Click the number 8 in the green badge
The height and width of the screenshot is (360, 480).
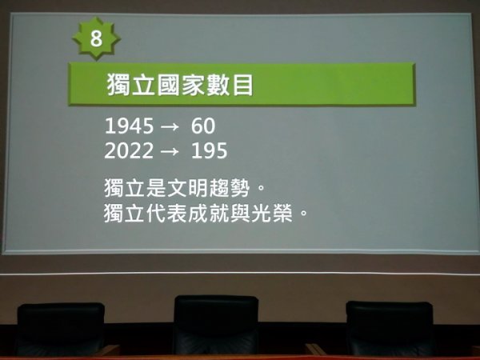tap(96, 39)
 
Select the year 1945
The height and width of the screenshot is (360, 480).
tap(129, 126)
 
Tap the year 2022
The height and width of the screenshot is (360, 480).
tap(129, 150)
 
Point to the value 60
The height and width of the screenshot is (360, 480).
tap(203, 126)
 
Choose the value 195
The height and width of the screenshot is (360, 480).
tap(209, 150)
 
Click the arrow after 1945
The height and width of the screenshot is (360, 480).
tap(170, 126)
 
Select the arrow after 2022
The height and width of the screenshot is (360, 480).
tap(170, 151)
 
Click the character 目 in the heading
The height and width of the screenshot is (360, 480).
tap(243, 85)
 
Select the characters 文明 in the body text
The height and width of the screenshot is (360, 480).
tap(187, 188)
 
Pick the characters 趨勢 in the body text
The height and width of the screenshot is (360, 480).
tap(230, 188)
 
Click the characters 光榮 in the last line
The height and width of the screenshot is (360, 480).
tap(271, 213)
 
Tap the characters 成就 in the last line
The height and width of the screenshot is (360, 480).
tap(209, 213)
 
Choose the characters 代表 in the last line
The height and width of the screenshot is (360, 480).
tap(166, 213)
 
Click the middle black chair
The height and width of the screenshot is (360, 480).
tap(216, 325)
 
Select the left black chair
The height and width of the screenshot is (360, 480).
tap(61, 330)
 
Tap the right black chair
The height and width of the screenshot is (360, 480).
tap(390, 329)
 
